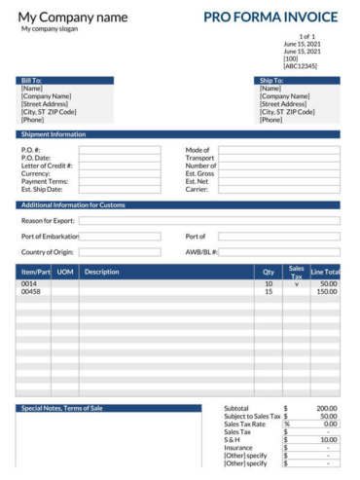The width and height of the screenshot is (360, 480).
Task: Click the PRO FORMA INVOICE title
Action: pos(270,17)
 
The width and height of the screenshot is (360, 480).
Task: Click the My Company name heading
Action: pos(73,17)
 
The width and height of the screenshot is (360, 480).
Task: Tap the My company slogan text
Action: pos(50,29)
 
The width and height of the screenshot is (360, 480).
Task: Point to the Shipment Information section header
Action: pos(178,134)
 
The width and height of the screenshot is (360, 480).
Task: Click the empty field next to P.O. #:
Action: pos(120,150)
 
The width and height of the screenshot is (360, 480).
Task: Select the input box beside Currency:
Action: pos(120,173)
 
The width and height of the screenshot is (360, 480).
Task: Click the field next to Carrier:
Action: pos(279,189)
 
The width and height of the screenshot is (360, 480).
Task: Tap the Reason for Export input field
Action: pos(209,221)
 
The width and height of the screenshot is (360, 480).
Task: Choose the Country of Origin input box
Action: pos(120,252)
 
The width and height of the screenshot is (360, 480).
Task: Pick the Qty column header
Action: pos(269,273)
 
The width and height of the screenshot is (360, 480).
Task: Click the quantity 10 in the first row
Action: pos(269,283)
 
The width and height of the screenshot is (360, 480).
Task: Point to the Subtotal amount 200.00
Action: pos(326,408)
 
